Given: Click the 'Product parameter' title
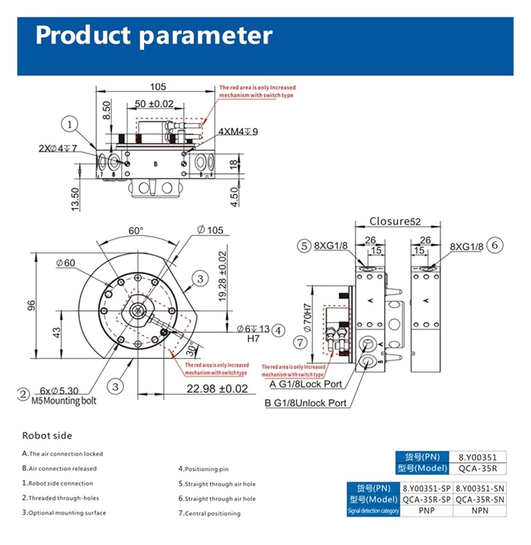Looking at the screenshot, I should [154, 35].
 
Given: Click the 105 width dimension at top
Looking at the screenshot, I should [158, 87].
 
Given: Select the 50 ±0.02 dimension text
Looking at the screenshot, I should [154, 104].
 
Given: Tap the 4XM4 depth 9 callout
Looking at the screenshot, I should [238, 132].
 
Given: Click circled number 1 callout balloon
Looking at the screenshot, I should [69, 124].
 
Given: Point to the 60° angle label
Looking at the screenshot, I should [136, 231].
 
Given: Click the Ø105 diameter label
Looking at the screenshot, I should [210, 230].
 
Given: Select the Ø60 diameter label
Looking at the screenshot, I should [66, 263].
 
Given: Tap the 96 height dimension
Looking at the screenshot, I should [32, 305].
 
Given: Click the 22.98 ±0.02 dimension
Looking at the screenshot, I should [217, 389].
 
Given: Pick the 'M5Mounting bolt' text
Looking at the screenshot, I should [64, 401].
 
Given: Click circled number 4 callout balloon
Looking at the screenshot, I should [278, 330].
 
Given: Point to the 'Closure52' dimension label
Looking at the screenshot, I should [395, 221].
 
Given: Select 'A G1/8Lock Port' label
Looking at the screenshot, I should [306, 384].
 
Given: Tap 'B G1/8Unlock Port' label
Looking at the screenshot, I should [305, 403].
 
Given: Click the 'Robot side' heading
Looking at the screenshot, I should [47, 435].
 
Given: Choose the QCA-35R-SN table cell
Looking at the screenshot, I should [480, 500].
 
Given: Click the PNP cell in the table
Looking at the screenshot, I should [426, 510].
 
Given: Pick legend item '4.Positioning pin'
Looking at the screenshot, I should [203, 469].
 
